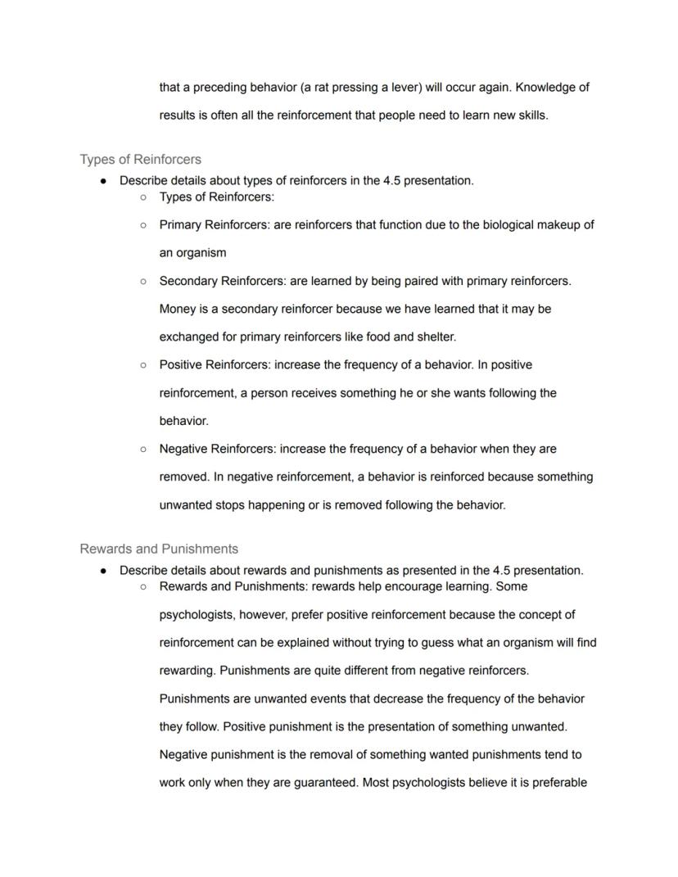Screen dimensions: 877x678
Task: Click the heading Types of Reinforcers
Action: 141,159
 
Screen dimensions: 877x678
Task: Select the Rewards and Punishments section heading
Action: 159,549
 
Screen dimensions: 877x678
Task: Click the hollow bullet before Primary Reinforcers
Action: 143,224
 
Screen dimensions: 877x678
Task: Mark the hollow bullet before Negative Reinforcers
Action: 143,449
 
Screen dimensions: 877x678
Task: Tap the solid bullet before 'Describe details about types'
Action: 103,181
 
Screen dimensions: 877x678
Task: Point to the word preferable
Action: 559,783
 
